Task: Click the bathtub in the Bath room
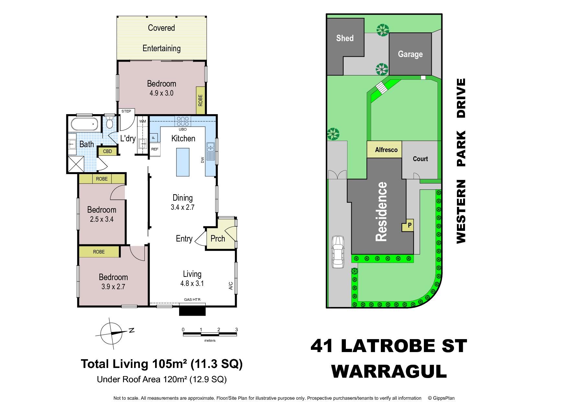84,124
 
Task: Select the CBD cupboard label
107,151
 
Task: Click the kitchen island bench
183,162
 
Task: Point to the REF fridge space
155,149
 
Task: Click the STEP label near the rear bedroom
126,111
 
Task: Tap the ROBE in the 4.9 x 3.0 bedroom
200,100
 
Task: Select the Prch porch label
218,239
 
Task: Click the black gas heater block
192,310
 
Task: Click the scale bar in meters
210,334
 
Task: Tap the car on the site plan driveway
337,252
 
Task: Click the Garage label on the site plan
410,54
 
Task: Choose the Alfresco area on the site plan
384,149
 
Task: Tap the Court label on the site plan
420,159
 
